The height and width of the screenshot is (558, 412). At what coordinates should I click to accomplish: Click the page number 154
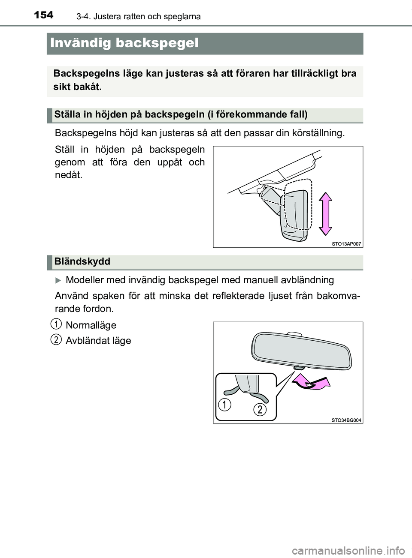(x=43, y=15)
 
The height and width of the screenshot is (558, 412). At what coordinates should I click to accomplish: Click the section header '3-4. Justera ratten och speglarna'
(x=138, y=17)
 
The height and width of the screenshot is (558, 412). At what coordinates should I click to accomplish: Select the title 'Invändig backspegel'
(x=124, y=43)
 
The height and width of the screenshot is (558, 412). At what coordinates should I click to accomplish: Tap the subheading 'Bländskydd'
(x=82, y=261)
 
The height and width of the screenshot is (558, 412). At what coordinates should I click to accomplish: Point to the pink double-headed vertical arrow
(x=325, y=213)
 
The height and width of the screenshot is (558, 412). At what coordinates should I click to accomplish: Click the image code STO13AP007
(x=346, y=244)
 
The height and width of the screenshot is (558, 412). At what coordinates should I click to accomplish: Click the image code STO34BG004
(x=346, y=420)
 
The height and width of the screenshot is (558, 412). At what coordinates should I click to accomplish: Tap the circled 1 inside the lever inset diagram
(x=224, y=404)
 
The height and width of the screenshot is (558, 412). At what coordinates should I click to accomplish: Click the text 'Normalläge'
(x=91, y=325)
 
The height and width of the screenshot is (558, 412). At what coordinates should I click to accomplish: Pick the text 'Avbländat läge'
(x=98, y=341)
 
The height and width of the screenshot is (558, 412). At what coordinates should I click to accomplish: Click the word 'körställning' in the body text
(x=319, y=133)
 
